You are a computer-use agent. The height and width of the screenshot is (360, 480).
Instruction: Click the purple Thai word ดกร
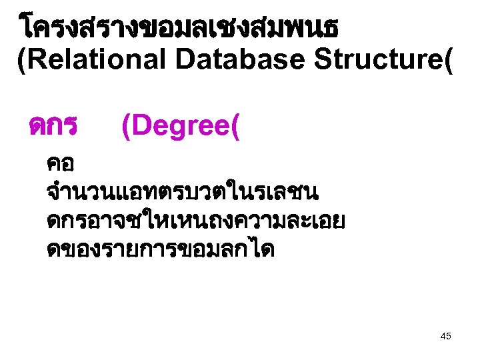(x=53, y=124)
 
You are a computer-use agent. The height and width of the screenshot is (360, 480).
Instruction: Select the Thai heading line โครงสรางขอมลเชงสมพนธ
(x=179, y=27)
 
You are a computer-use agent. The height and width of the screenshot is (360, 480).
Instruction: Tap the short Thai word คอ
(x=61, y=163)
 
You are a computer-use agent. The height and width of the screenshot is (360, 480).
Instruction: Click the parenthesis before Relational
(x=23, y=61)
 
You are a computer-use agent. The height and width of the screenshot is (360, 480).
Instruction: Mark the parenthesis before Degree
(x=127, y=125)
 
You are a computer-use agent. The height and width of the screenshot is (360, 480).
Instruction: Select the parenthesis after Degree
(x=233, y=125)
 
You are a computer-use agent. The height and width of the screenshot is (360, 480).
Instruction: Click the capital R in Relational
(x=39, y=61)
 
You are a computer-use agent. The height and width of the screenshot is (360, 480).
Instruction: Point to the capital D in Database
(x=186, y=61)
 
